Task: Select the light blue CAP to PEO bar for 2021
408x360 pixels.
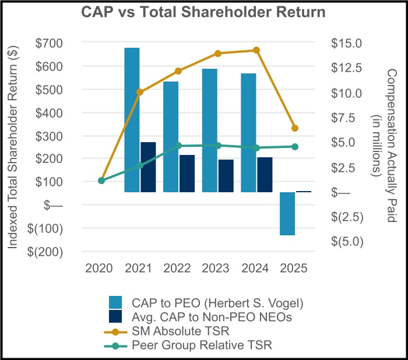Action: (132, 119)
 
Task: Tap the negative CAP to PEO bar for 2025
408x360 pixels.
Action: (287, 213)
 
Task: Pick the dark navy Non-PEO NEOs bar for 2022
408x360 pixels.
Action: (187, 173)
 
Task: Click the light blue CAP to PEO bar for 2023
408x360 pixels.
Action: (210, 130)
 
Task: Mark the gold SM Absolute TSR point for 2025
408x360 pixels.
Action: (295, 128)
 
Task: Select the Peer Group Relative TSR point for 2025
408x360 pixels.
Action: (295, 147)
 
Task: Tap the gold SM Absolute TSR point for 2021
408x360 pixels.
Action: (140, 92)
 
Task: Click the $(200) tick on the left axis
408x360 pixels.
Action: (49, 252)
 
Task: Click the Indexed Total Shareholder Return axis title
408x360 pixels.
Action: (13, 148)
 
